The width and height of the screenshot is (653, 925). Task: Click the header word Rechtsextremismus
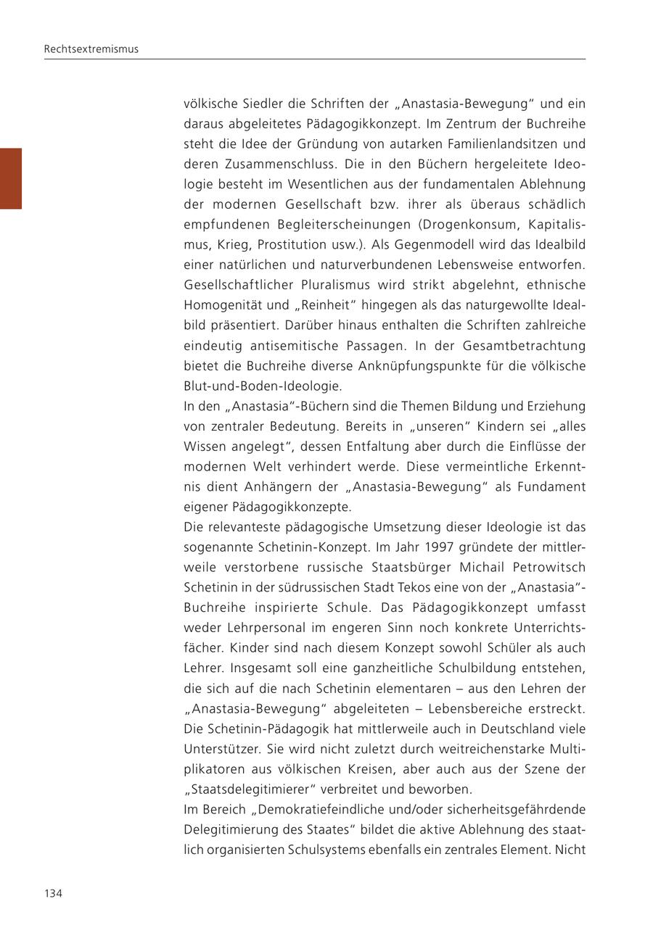pos(91,49)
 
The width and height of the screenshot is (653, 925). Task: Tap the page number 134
pos(53,893)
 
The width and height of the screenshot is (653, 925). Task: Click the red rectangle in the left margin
pos(11,178)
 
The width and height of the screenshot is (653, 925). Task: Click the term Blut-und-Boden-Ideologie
pos(263,386)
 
